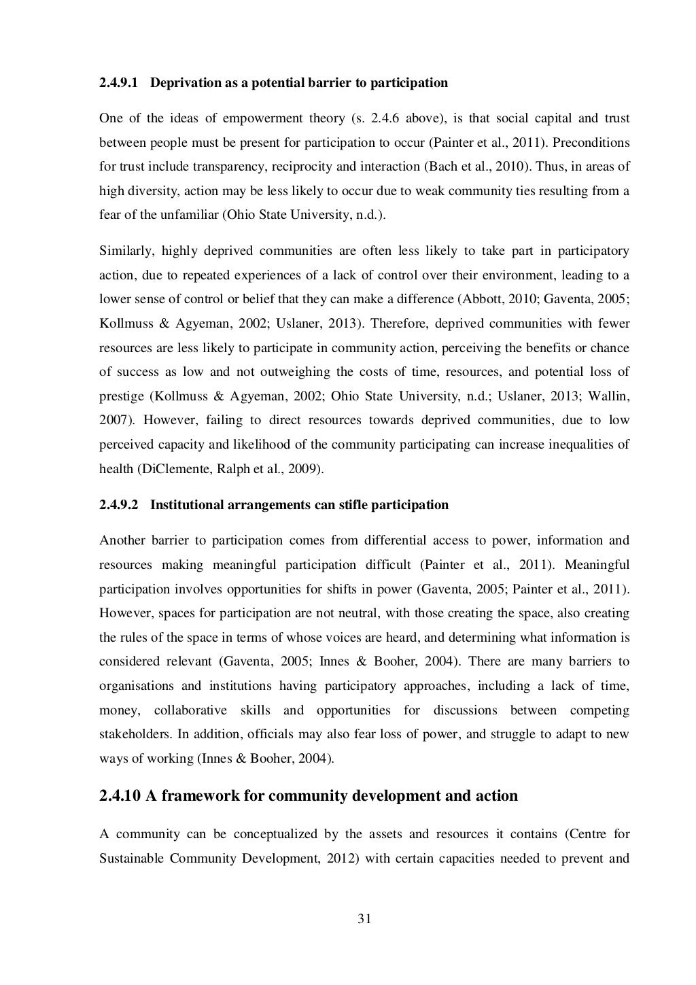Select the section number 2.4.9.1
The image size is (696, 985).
118,83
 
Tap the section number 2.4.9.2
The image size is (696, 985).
118,505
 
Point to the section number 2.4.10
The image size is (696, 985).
120,795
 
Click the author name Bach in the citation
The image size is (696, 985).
454,167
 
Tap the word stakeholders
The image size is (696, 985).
130,735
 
